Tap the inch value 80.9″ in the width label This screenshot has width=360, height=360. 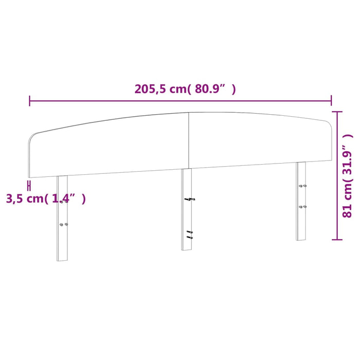coord(213,89)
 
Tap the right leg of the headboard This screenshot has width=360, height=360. coord(301,201)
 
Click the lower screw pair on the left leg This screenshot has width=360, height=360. coord(64,224)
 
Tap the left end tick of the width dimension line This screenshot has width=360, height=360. coord(30,100)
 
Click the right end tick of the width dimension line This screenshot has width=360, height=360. coord(331,100)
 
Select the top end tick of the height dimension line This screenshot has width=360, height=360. coord(337,111)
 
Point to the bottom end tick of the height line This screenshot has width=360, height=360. coord(337,239)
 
